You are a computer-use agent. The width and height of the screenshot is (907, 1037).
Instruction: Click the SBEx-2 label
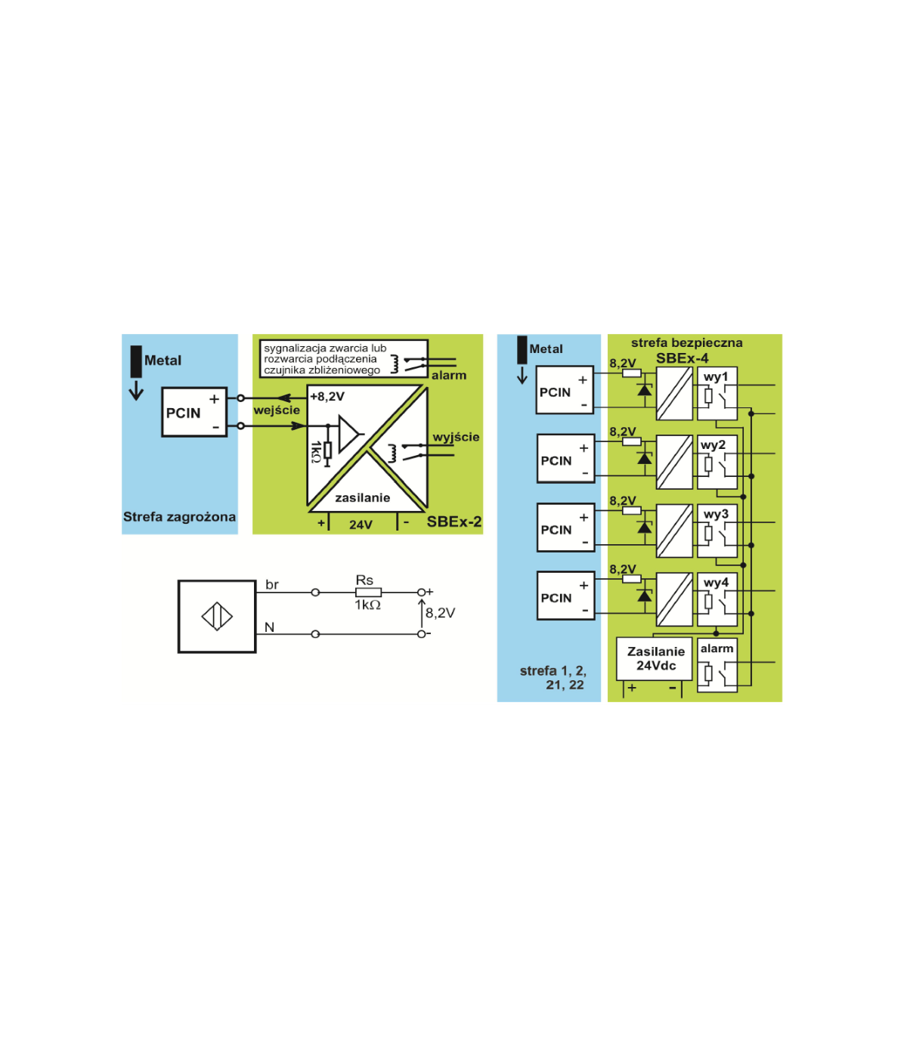click(x=453, y=522)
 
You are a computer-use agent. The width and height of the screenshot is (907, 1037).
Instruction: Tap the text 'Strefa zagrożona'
click(x=179, y=517)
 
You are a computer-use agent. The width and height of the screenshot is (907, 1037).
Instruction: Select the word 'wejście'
click(x=277, y=410)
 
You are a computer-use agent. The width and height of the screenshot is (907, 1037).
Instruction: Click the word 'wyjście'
click(x=456, y=437)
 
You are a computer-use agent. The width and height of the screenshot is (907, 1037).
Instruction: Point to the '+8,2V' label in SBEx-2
click(x=327, y=396)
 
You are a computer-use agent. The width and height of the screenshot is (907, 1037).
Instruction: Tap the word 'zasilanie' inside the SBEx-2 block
click(x=363, y=497)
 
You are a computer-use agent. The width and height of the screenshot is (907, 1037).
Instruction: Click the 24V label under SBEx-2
click(x=361, y=525)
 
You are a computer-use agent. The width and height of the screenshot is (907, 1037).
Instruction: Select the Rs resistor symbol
click(x=368, y=593)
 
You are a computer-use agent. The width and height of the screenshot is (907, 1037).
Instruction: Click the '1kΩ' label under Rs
click(x=368, y=605)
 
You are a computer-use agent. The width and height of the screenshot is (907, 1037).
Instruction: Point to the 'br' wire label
click(x=272, y=585)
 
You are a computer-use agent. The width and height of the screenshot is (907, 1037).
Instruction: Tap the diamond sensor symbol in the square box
click(x=217, y=617)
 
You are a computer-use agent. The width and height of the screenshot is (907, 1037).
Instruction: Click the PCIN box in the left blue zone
click(x=194, y=412)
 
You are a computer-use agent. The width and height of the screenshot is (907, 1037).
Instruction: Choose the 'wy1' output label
click(x=715, y=376)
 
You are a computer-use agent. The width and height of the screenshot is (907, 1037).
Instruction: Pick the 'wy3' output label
click(x=715, y=514)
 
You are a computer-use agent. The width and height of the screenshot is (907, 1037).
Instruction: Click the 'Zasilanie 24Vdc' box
click(x=655, y=659)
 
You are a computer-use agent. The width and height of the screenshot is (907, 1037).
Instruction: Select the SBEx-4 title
click(x=682, y=358)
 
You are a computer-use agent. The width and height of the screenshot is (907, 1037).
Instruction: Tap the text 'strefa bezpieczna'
click(x=686, y=342)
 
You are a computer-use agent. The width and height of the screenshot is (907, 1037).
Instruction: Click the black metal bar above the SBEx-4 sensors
click(x=522, y=350)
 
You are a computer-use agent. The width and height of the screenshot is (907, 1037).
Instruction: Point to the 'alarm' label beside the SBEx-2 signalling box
click(x=449, y=375)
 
